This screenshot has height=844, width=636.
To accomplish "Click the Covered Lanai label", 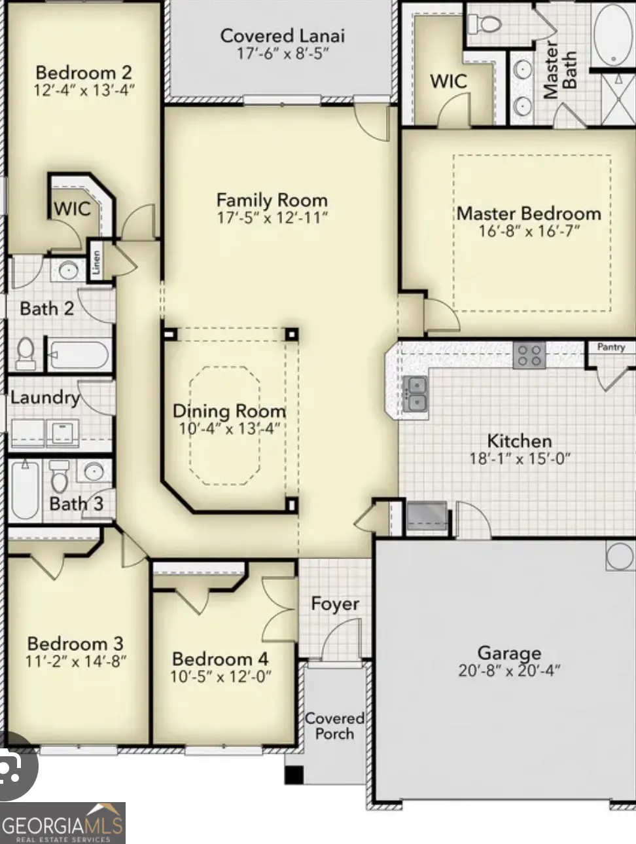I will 282,36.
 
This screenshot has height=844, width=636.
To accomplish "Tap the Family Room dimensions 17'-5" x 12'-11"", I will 272,217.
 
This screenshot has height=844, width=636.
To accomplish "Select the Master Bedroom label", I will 529,213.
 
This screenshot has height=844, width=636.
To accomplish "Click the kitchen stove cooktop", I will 529,356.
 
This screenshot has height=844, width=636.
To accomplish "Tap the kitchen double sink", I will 415,393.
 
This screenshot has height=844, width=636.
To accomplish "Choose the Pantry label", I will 611,347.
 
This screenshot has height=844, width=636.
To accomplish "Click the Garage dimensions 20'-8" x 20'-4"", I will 509,670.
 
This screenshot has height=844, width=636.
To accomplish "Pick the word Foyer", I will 335,604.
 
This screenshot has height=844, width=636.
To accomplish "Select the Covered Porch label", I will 334,725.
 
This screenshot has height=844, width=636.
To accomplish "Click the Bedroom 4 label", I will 220,659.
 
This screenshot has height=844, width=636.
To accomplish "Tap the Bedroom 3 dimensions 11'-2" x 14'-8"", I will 76,661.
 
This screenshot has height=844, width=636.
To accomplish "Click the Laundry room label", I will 44,397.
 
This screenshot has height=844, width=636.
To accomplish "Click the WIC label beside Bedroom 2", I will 72,209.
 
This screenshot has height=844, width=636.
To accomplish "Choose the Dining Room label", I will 229,411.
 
